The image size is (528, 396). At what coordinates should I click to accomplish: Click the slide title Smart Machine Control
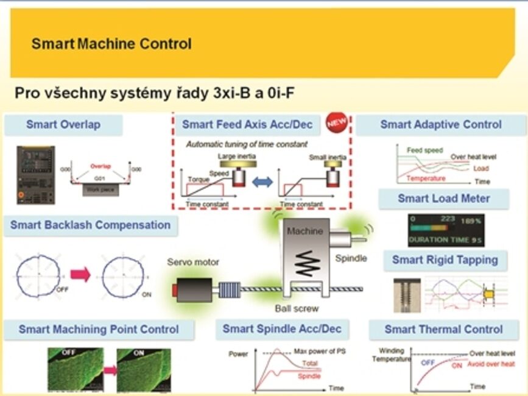(x=111, y=44)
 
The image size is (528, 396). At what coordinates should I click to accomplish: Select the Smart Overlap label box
(x=63, y=125)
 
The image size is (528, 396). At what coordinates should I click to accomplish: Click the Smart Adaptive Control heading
(x=441, y=125)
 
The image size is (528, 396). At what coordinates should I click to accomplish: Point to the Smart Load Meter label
(x=444, y=199)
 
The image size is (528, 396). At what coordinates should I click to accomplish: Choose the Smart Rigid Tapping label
(x=445, y=260)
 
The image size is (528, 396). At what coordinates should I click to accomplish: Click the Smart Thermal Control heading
(x=443, y=330)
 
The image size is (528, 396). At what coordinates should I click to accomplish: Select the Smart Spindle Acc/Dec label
(x=282, y=329)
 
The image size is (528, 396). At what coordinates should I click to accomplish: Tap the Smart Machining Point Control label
(x=99, y=330)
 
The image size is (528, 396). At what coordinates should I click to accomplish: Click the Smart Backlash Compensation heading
(x=90, y=225)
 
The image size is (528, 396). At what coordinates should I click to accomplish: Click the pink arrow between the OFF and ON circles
(x=80, y=275)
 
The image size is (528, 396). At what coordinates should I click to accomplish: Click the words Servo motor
(x=193, y=262)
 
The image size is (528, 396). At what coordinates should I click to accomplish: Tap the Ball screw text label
(x=297, y=308)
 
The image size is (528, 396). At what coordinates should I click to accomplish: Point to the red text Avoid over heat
(x=491, y=364)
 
